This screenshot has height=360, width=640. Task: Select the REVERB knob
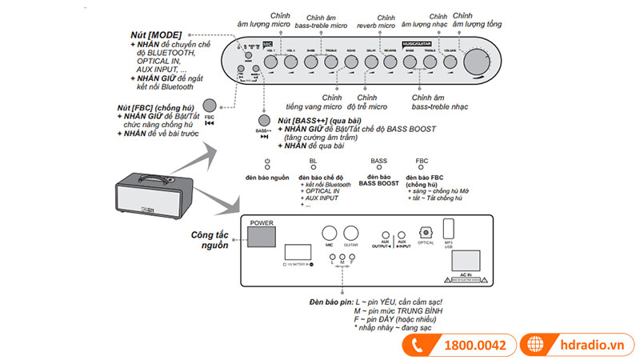coord(390,62)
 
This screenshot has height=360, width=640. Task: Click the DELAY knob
coord(370,62)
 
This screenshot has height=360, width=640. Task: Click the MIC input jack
coord(328,234)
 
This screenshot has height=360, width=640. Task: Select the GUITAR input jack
coord(350,234)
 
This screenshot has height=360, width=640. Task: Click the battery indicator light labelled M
coord(342,254)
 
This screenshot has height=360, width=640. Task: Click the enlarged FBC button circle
coord(210,105)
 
